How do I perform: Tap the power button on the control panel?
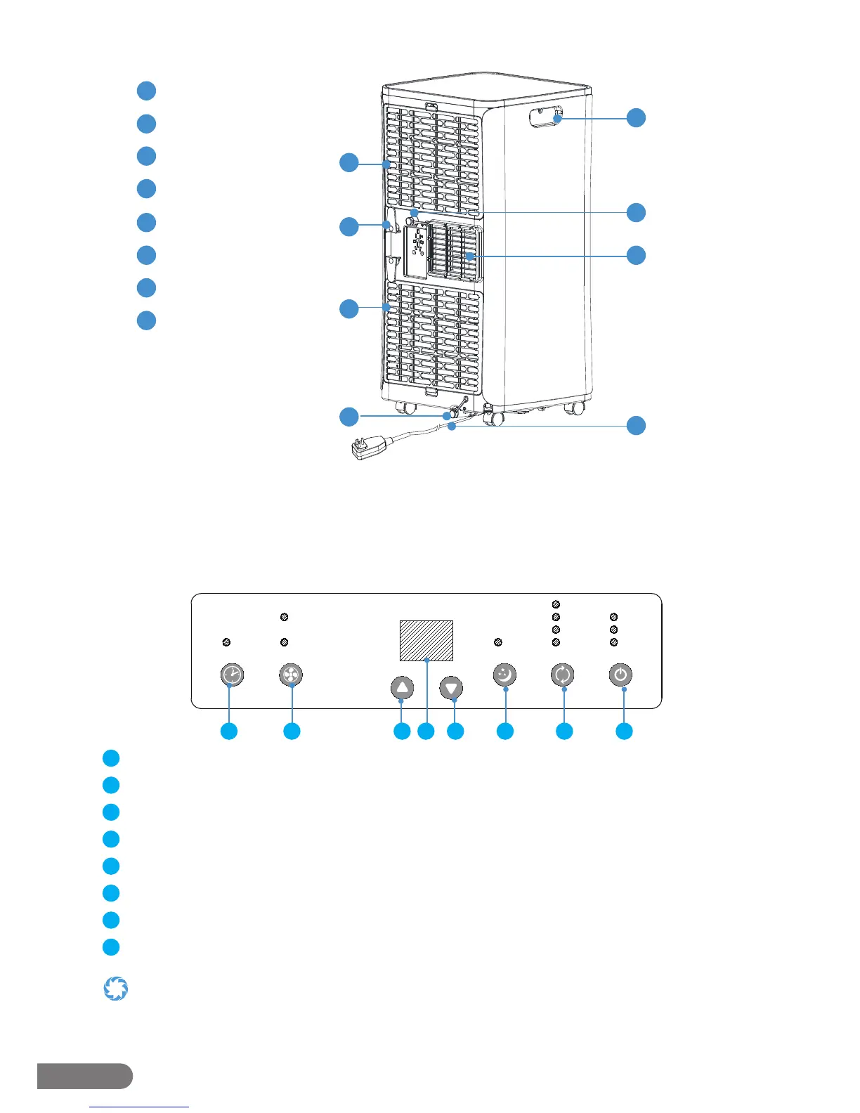click(620, 675)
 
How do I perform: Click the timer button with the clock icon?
click(233, 675)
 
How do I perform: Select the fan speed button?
click(290, 675)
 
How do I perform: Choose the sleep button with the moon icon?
click(504, 675)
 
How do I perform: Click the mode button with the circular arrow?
click(562, 675)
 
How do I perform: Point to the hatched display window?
click(426, 640)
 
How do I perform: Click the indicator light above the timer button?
click(226, 642)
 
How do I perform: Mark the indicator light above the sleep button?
click(498, 642)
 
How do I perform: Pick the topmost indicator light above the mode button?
click(556, 604)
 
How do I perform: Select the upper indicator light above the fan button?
click(284, 617)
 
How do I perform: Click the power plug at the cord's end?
click(367, 448)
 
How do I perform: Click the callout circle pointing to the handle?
click(636, 117)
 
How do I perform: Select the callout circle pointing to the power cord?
click(636, 425)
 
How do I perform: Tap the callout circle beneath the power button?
click(624, 731)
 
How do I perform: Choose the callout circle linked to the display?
click(426, 731)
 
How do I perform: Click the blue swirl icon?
click(116, 989)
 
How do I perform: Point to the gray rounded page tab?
click(84, 1076)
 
